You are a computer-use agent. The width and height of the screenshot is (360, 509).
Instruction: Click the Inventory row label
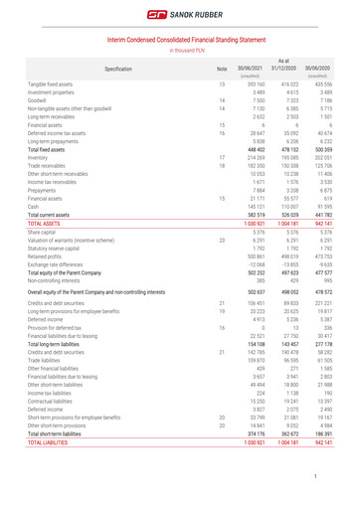(x=68, y=156)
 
